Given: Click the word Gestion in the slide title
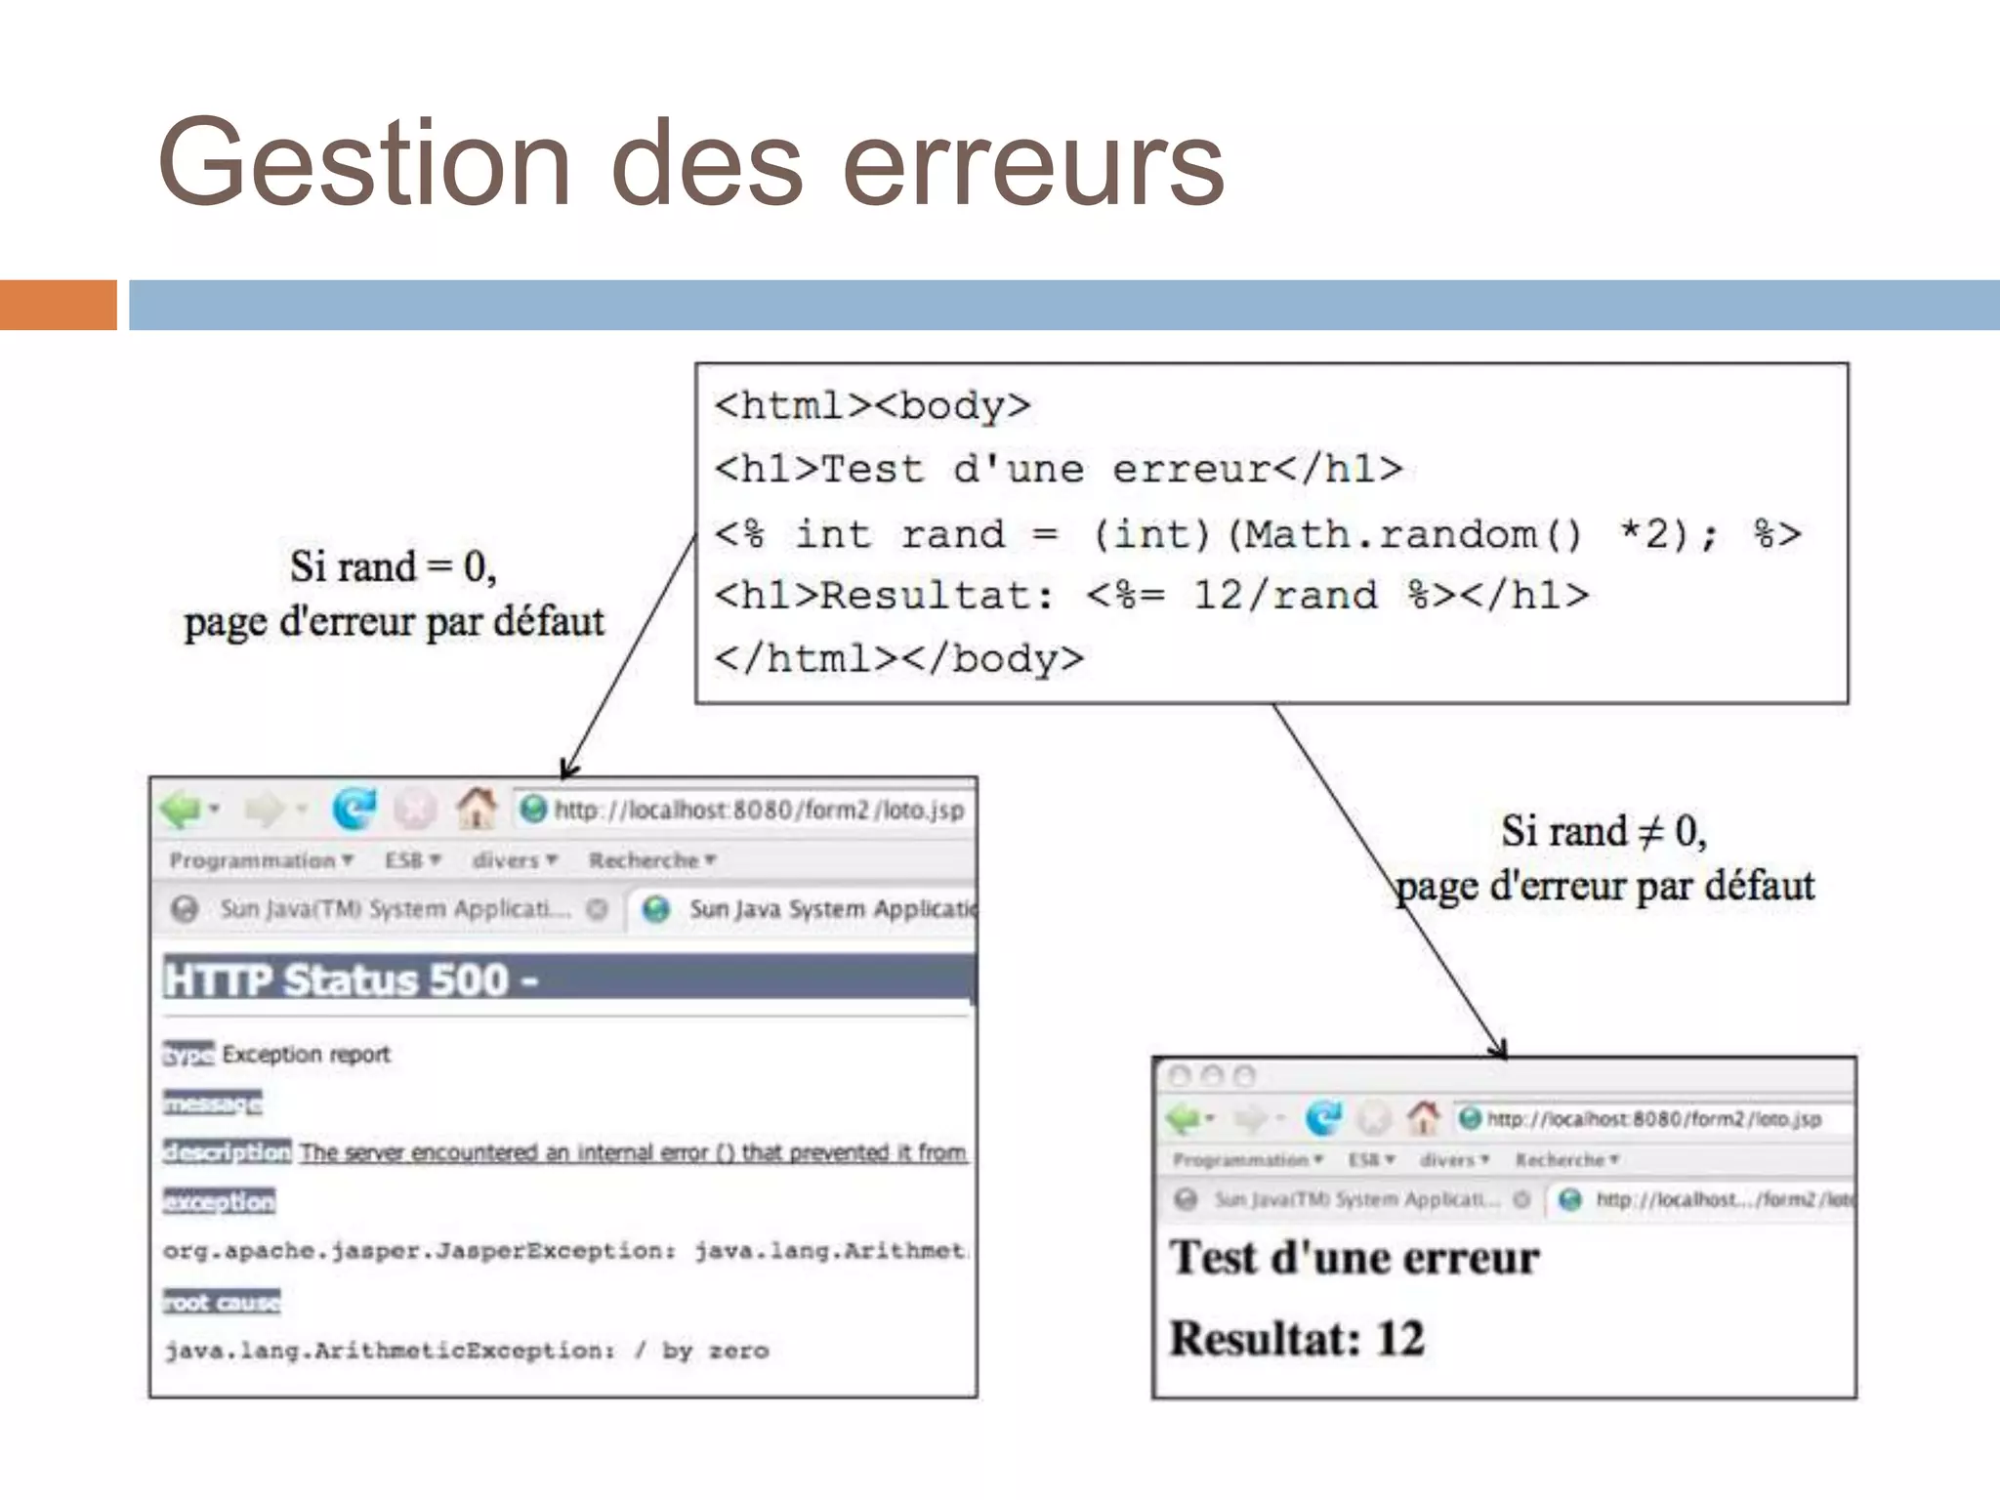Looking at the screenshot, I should tap(363, 164).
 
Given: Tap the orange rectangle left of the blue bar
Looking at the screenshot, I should tap(58, 305).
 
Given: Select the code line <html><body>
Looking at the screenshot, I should tap(872, 406).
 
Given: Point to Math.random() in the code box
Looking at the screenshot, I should tap(1412, 535).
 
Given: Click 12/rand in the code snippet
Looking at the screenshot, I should tap(1285, 595).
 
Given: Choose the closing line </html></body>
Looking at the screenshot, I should tap(898, 659).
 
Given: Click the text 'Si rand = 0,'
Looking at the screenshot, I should tap(393, 567).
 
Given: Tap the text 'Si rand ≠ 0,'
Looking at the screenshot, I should tap(1604, 832).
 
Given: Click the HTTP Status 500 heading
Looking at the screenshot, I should tap(352, 980).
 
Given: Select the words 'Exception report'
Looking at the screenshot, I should tap(306, 1055).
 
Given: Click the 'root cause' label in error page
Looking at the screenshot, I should tap(222, 1303).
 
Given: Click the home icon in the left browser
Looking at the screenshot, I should tap(476, 809).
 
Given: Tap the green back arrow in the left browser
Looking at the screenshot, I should tap(182, 810).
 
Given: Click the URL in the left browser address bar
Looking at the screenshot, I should tap(758, 811).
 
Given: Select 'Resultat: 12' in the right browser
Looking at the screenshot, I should tap(1297, 1339).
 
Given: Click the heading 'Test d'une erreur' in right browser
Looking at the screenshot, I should tap(1354, 1258).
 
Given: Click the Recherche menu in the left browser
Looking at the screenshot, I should tap(645, 860).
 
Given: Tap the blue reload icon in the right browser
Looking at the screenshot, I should tap(1323, 1118).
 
